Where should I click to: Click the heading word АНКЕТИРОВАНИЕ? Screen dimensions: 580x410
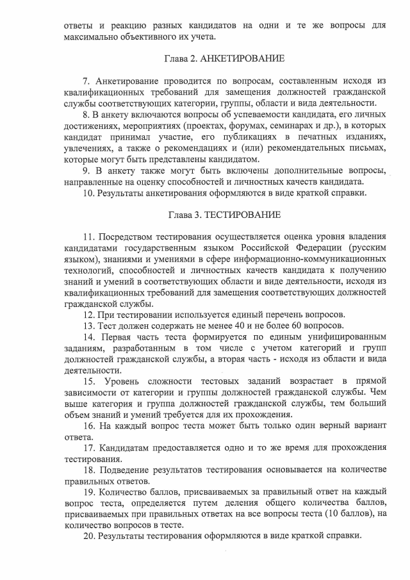[243, 59]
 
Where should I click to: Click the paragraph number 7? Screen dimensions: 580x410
[86, 81]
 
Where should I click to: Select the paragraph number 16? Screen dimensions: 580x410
[89, 426]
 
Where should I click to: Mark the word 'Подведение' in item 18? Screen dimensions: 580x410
[124, 470]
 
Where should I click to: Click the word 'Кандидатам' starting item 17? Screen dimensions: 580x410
[126, 448]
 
